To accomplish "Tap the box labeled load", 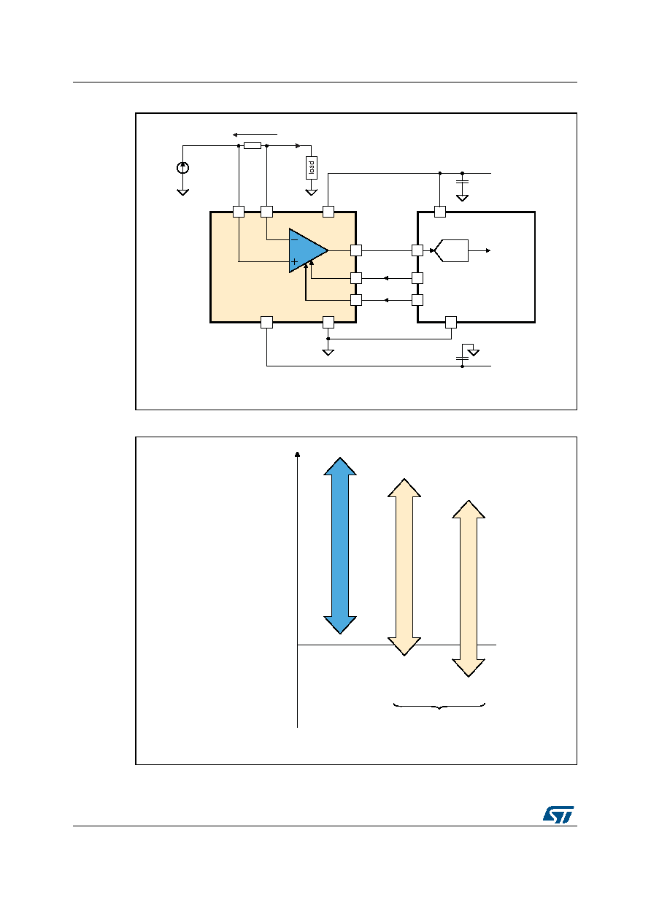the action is tap(312, 167).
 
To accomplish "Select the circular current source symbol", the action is tap(182, 168).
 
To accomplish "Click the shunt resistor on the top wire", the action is tap(253, 145).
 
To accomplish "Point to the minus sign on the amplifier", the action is tap(294, 239).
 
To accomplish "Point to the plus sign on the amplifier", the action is tap(294, 262).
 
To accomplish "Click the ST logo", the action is tap(558, 815).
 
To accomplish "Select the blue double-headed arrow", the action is tap(340, 545).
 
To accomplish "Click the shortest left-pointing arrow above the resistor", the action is tap(255, 134).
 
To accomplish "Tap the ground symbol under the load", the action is tap(312, 192).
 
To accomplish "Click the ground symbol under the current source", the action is tap(182, 192).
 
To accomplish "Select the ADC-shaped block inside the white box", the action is tap(452, 250).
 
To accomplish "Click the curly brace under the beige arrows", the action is tap(439, 707).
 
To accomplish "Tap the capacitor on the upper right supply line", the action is tap(462, 182).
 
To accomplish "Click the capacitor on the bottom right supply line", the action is tap(462, 358).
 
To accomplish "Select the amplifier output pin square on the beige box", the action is tap(356, 250).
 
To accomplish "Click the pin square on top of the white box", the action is tap(440, 212).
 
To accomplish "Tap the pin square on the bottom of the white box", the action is tap(451, 322).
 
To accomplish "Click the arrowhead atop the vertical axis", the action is tap(297, 454).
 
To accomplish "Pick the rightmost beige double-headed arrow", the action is tap(469, 588).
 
